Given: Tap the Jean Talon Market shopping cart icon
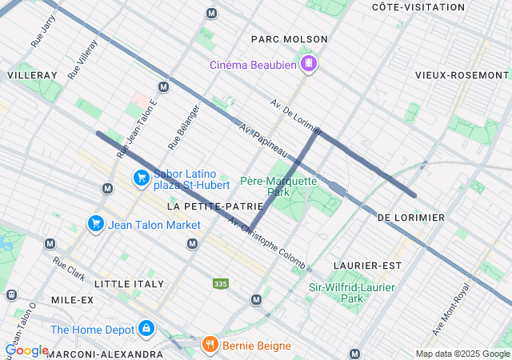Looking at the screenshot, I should click(96, 224).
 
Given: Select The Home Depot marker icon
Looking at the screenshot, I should click(146, 328).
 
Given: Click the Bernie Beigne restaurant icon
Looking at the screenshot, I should click(210, 346).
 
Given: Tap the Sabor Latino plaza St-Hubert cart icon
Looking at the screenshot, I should click(141, 178).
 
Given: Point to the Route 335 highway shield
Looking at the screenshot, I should click(220, 284).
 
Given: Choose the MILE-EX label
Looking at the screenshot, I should click(72, 299).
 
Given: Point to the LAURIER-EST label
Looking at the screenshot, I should click(367, 265).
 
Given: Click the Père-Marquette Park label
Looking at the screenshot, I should click(278, 186).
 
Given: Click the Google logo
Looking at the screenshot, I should click(26, 350).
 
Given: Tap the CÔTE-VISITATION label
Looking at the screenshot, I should click(418, 6).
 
